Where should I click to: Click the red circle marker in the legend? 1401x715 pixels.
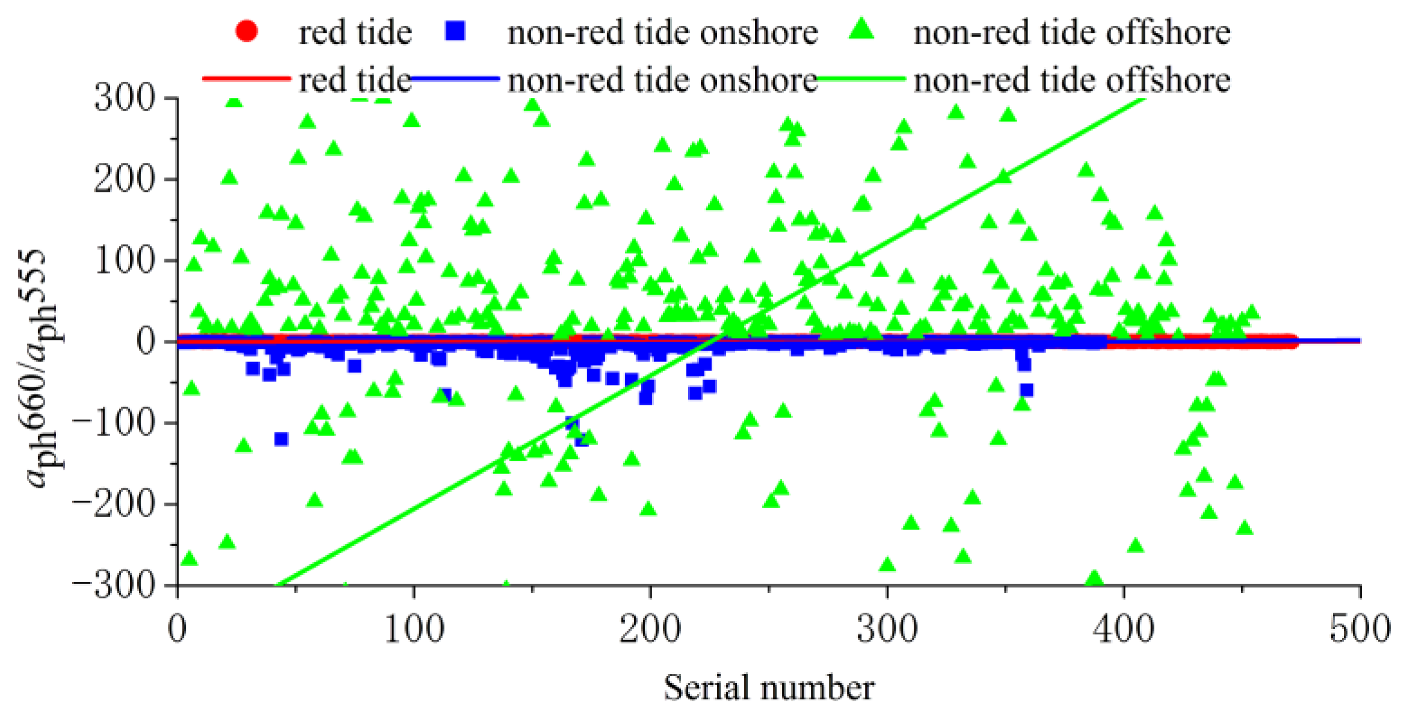[246, 31]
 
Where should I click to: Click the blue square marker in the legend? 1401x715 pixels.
[455, 31]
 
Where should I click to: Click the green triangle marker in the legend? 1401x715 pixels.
[861, 29]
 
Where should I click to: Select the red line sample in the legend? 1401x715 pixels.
[246, 79]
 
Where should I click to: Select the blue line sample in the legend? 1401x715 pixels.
[455, 79]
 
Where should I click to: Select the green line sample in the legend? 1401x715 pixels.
[861, 79]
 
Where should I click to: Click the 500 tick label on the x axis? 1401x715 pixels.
[1359, 629]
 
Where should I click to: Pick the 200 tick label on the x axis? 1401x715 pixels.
[650, 629]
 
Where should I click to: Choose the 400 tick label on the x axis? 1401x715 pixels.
[1123, 629]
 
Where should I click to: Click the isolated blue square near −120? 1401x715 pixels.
[281, 439]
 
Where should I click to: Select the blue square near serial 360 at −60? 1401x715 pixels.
[1027, 390]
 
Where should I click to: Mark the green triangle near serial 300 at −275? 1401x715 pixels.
[887, 565]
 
